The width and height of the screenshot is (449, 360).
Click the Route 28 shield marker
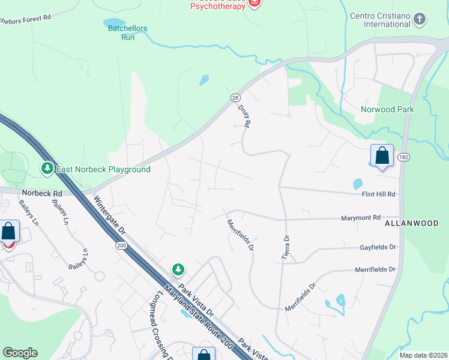[x=235, y=97]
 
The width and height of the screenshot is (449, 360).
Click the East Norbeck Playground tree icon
[x=47, y=169]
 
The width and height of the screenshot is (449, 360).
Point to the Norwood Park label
[x=387, y=109]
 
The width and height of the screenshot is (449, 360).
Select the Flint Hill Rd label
[x=378, y=194]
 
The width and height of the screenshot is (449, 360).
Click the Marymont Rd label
[x=361, y=218]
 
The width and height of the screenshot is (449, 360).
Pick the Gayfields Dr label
[x=378, y=247]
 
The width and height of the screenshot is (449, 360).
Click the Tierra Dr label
[x=286, y=247]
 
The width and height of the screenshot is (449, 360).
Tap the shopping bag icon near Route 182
[x=382, y=157]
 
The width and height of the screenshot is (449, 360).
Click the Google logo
[x=20, y=353]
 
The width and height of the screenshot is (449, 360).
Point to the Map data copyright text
[x=423, y=355]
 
